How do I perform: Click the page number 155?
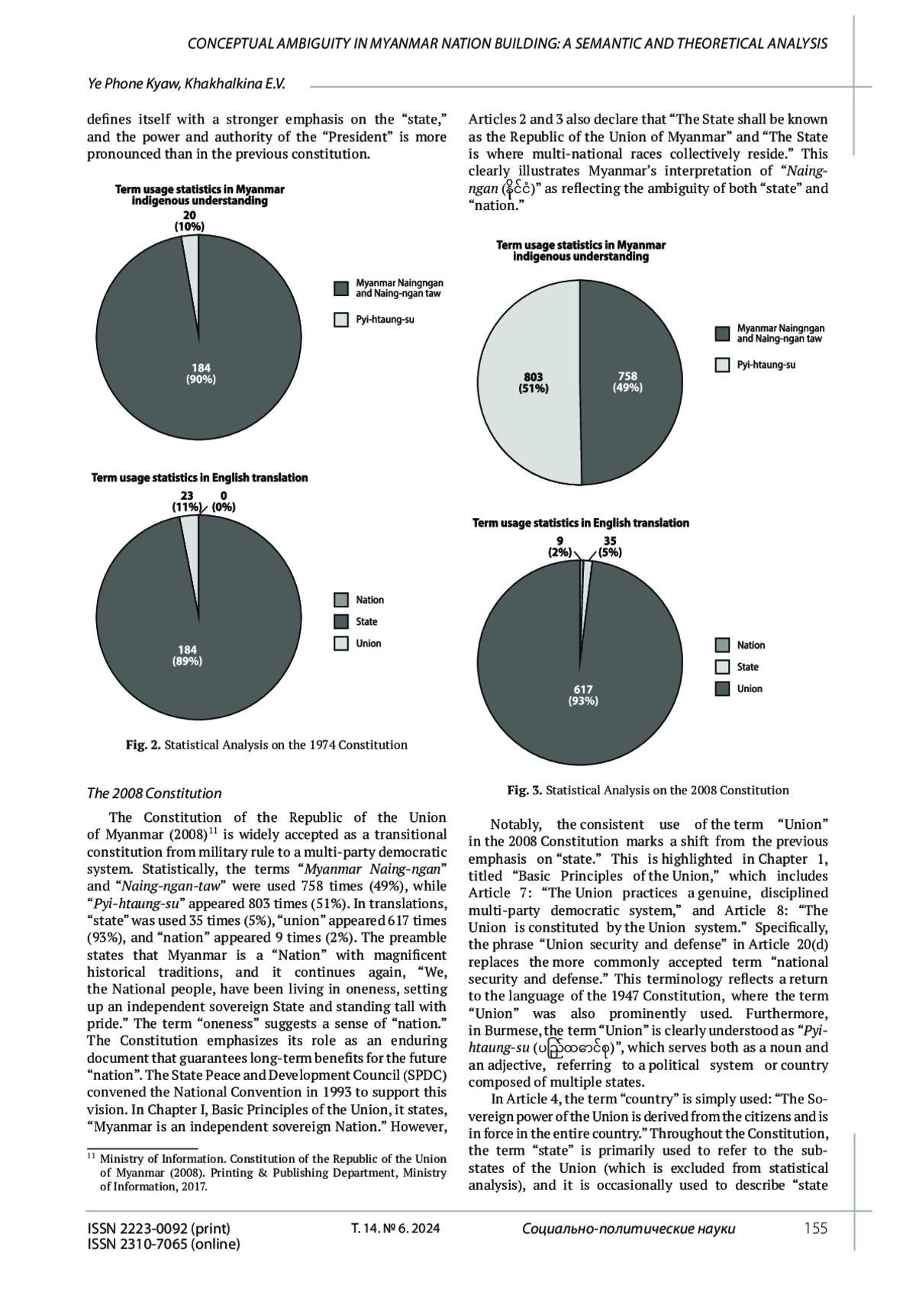[x=815, y=1228]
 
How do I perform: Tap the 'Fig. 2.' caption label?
[x=144, y=745]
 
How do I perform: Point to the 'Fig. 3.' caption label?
[x=524, y=790]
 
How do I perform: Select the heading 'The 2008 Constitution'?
[x=154, y=793]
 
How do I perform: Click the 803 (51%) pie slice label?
[x=534, y=382]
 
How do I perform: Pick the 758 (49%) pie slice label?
[x=627, y=382]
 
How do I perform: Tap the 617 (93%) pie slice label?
[x=583, y=695]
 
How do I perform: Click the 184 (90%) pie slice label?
[x=201, y=373]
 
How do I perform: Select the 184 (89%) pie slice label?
[x=187, y=656]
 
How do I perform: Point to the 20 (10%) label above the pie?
[x=189, y=221]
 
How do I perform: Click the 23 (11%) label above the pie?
[x=186, y=501]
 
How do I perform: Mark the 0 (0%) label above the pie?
[x=223, y=501]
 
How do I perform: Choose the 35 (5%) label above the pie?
[x=610, y=547]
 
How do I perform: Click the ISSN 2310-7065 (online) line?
[x=164, y=1245]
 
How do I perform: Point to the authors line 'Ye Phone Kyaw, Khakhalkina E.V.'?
[x=186, y=83]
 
